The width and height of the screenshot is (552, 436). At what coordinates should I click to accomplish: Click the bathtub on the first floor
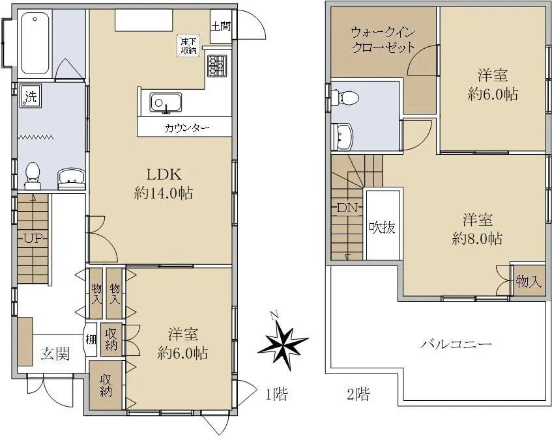(35, 43)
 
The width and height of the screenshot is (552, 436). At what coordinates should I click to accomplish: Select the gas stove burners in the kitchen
(217, 65)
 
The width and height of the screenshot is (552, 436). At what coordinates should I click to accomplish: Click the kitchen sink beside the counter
(166, 103)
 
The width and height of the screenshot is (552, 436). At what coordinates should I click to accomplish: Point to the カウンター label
(187, 128)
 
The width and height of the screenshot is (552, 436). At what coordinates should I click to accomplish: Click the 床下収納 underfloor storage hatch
(189, 46)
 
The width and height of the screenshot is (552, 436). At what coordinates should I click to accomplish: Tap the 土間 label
(221, 27)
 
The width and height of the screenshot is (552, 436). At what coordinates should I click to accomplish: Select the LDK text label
(164, 174)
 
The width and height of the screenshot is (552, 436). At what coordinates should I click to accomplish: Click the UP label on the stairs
(33, 239)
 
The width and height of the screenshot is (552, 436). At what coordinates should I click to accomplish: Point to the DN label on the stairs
(347, 208)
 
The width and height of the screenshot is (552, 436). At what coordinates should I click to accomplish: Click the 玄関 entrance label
(55, 353)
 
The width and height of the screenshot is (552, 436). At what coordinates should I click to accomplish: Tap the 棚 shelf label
(91, 340)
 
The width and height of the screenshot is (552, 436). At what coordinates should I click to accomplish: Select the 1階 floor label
(276, 394)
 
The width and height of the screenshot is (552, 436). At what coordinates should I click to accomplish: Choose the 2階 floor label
(358, 394)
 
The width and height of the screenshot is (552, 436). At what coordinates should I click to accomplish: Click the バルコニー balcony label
(456, 344)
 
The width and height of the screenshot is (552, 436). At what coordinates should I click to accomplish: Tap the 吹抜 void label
(382, 228)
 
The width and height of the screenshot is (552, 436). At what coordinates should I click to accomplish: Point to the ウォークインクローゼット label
(383, 40)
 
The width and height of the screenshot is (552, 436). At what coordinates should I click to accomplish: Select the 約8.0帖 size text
(477, 239)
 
